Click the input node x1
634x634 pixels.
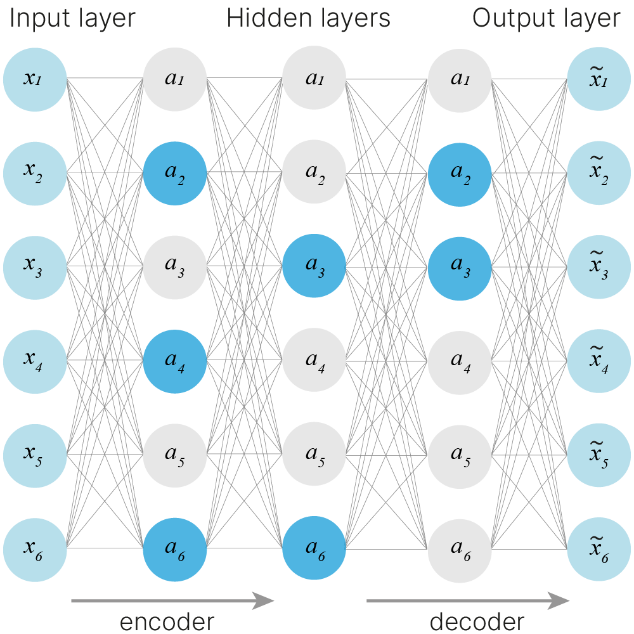click(x=35, y=79)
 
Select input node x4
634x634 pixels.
click(x=35, y=359)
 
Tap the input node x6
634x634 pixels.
click(x=35, y=547)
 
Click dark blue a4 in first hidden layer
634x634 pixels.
click(x=174, y=359)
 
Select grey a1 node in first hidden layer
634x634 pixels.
click(x=174, y=79)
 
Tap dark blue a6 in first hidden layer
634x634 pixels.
click(x=174, y=547)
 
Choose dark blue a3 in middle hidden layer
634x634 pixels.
click(x=314, y=266)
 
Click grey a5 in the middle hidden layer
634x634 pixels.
click(x=314, y=453)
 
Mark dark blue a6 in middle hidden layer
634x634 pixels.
click(x=314, y=547)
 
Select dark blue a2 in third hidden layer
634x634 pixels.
click(x=460, y=173)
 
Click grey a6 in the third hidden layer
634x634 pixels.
click(x=460, y=547)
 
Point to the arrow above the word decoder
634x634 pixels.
click(x=468, y=600)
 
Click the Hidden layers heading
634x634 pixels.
click(x=309, y=19)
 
